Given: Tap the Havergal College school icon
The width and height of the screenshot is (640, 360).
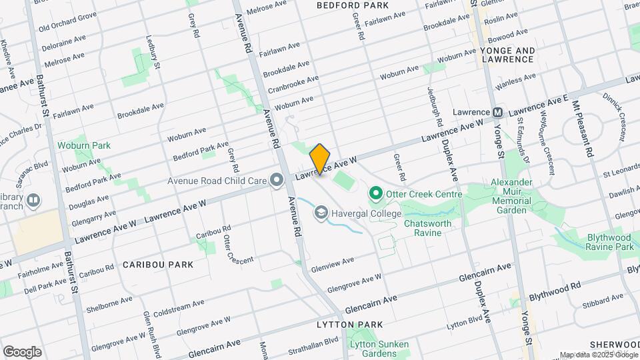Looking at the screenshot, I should [x=321, y=213].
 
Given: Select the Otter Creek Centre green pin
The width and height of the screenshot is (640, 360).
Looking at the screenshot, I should [x=375, y=194].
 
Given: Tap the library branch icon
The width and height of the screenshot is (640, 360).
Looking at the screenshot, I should [x=33, y=200].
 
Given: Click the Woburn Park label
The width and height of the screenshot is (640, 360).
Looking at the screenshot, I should [x=83, y=145].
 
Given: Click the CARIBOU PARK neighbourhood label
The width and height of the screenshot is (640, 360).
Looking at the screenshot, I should [x=158, y=265].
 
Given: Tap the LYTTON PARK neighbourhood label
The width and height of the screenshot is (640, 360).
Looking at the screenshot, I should [x=350, y=325].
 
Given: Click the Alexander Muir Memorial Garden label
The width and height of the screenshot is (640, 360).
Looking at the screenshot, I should [x=511, y=196].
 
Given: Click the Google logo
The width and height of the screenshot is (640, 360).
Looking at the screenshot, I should [x=22, y=351].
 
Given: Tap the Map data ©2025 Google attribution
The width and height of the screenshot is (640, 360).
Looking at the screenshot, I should [x=597, y=355].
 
